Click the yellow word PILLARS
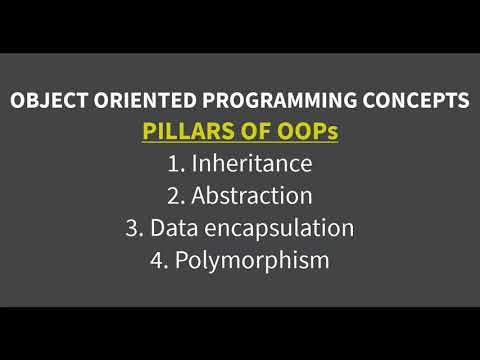[x=187, y=131]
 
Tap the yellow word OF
[x=252, y=131]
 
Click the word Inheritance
[x=252, y=163]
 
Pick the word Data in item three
[x=172, y=227]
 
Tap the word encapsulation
[x=277, y=227]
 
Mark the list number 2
[x=170, y=195]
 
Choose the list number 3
[x=131, y=227]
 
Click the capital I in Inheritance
[x=194, y=163]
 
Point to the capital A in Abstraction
[x=195, y=195]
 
